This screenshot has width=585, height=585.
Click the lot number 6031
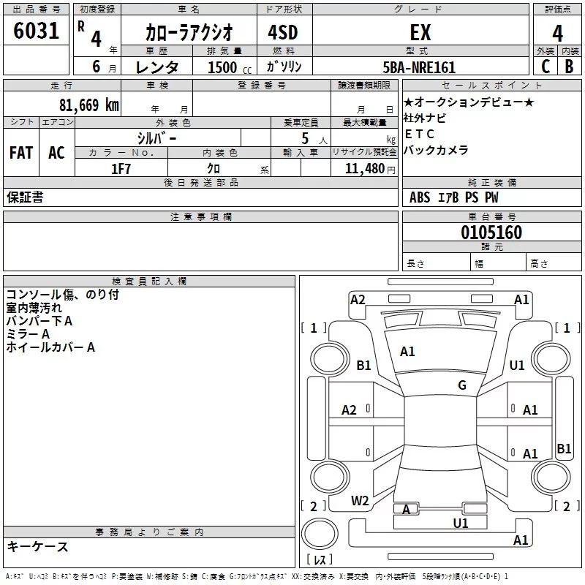pyautogui.click(x=36, y=31)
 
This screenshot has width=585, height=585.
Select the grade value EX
pyautogui.click(x=420, y=32)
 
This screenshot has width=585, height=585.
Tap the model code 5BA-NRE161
pyautogui.click(x=419, y=67)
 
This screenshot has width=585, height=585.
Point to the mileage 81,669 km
pyautogui.click(x=88, y=105)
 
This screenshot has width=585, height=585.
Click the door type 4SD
pyautogui.click(x=283, y=32)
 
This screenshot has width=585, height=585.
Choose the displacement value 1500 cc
pyautogui.click(x=230, y=67)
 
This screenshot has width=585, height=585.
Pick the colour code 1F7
pyautogui.click(x=121, y=169)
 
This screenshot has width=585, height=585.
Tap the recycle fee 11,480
pyautogui.click(x=364, y=169)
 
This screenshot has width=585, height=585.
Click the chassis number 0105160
pyautogui.click(x=491, y=233)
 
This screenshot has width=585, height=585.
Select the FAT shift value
pyautogui.click(x=21, y=153)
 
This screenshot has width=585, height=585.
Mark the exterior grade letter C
pyautogui.click(x=546, y=67)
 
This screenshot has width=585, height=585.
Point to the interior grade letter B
pyautogui.click(x=570, y=67)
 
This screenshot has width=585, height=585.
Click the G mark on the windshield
pyautogui.click(x=462, y=385)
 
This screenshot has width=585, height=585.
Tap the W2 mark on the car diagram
pyautogui.click(x=360, y=501)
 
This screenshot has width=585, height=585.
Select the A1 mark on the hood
pyautogui.click(x=407, y=352)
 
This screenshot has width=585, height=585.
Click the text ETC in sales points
pyautogui.click(x=419, y=134)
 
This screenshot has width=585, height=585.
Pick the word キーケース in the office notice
pyautogui.click(x=38, y=546)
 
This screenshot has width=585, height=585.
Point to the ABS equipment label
pyautogui.click(x=420, y=197)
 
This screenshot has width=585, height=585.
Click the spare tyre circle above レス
pyautogui.click(x=320, y=534)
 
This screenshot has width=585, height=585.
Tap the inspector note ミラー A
pyautogui.click(x=28, y=334)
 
